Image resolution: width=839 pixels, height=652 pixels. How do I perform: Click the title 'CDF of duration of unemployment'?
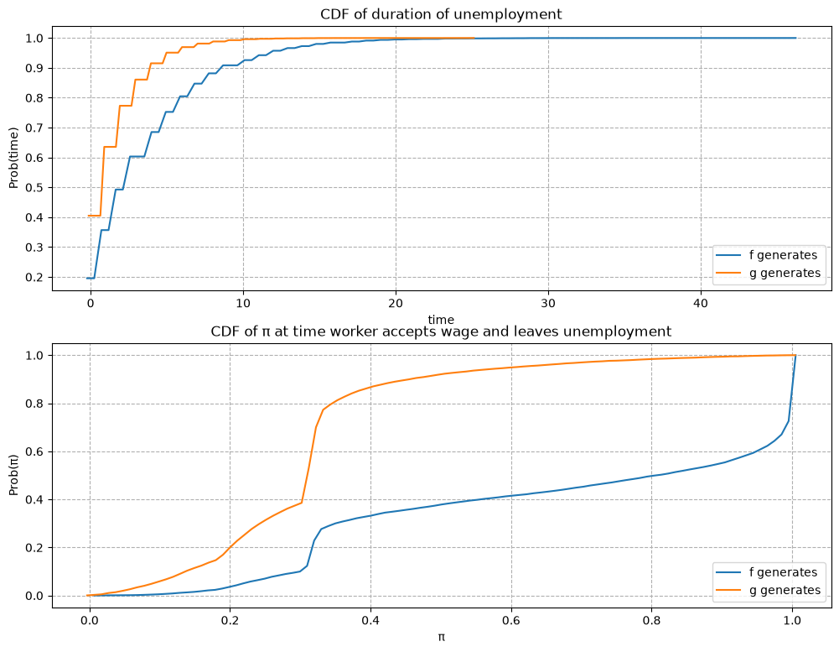pos(441,14)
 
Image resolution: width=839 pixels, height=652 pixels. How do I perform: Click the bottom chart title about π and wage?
pos(441,331)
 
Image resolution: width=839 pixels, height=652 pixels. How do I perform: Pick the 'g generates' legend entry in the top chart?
pos(769,274)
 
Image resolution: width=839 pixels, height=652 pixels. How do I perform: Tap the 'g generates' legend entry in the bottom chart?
pos(769,591)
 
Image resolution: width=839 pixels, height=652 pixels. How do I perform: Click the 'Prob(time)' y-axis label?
pos(13,158)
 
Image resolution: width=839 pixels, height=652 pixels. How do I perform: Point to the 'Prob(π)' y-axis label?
pos(13,475)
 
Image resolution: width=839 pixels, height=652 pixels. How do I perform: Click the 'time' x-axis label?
pos(441,320)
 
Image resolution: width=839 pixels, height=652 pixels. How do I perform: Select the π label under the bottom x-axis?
pos(442,638)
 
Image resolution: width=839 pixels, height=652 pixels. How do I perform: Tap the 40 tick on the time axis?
pos(701,303)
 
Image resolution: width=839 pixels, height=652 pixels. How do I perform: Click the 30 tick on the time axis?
pos(548,303)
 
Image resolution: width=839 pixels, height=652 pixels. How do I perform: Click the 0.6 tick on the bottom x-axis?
pos(511,620)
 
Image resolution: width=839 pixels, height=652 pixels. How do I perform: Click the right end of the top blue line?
pos(795,38)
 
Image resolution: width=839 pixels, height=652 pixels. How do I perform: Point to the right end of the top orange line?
pos(474,38)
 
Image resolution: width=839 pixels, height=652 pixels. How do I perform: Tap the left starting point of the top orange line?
pos(88,216)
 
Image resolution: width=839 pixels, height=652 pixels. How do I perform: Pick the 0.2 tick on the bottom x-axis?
pos(230,620)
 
